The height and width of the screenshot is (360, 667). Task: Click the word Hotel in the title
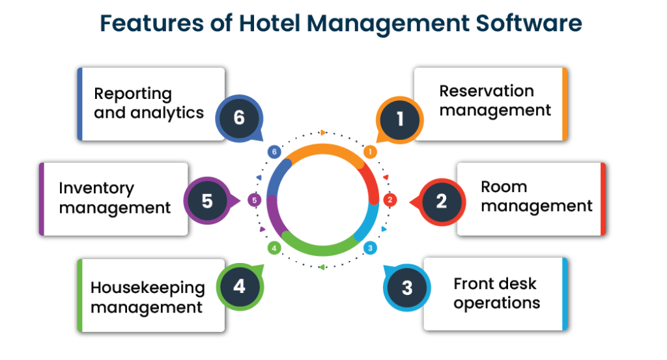(270, 23)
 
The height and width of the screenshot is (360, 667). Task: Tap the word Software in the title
(529, 23)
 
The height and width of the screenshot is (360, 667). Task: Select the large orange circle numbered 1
(399, 119)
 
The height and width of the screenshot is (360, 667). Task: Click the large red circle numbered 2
(442, 201)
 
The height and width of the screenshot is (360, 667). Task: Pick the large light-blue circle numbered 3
(407, 288)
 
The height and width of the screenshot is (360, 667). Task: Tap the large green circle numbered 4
(240, 286)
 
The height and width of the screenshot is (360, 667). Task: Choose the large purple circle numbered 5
(207, 201)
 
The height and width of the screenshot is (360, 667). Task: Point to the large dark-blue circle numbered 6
(239, 118)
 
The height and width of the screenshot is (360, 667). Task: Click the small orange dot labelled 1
(370, 152)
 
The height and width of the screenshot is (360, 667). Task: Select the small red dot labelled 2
(390, 200)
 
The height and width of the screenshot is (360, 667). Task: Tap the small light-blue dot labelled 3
(370, 248)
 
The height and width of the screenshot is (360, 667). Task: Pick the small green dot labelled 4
(274, 248)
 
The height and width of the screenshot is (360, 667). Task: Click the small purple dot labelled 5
(255, 201)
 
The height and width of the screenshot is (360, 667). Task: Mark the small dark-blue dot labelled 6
(274, 152)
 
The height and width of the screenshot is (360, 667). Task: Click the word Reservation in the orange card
(486, 91)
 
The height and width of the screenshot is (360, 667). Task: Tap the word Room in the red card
(504, 187)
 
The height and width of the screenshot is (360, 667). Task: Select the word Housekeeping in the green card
(148, 288)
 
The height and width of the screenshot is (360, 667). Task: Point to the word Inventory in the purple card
(96, 188)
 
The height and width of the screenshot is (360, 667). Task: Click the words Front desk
(495, 283)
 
